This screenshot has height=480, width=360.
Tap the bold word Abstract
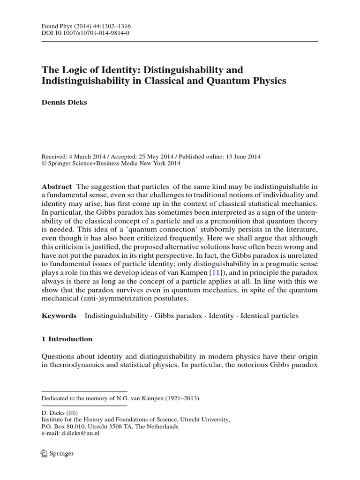(57, 186)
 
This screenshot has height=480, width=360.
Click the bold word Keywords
(59, 316)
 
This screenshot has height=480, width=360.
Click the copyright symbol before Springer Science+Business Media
(45, 164)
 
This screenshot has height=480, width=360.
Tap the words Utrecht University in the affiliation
(205, 420)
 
